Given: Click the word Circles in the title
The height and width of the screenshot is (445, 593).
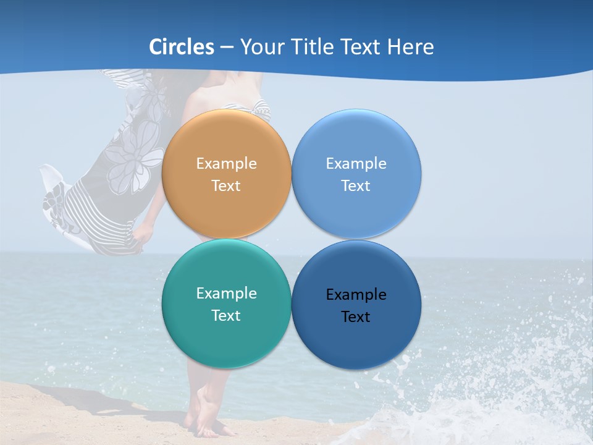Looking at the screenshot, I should [x=182, y=47].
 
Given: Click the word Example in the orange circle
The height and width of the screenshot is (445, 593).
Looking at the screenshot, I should [x=226, y=164].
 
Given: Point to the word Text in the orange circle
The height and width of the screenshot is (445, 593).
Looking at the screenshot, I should [x=226, y=186].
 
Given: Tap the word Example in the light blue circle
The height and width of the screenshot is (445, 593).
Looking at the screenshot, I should [x=356, y=164].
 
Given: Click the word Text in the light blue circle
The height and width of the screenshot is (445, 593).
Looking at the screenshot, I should [x=356, y=186].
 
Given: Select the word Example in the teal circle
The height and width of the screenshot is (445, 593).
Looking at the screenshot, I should [x=226, y=294].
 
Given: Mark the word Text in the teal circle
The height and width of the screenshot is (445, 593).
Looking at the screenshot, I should [x=226, y=316].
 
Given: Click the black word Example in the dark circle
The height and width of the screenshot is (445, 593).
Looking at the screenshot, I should [x=356, y=295].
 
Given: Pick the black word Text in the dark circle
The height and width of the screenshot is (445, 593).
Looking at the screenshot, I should [x=356, y=317].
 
